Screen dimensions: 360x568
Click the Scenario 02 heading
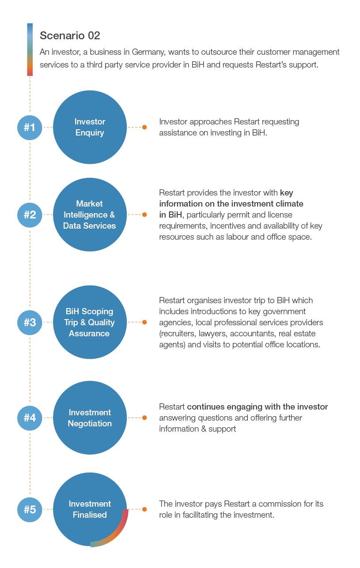(70, 35)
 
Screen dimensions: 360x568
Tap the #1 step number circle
(30, 127)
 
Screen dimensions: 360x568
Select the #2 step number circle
(30, 215)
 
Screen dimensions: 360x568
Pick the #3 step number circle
(30, 322)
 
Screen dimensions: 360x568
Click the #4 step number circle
(30, 418)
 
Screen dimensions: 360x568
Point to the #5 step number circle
(30, 509)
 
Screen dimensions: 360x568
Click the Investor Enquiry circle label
(90, 127)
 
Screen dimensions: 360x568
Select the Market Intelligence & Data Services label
(90, 215)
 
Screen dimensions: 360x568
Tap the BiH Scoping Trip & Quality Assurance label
(89, 322)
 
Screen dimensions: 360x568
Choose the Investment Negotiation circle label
(90, 418)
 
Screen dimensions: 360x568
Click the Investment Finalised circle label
(90, 509)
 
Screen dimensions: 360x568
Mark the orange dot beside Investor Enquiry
(144, 127)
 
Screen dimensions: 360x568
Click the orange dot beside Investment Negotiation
(144, 418)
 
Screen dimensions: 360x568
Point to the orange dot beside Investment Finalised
(144, 509)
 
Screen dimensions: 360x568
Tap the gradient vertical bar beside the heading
(30, 49)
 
